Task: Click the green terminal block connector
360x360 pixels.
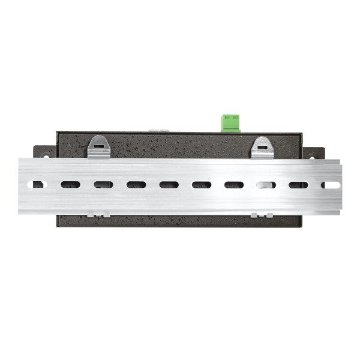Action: (x=230, y=122)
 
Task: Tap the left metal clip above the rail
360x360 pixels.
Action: (x=98, y=147)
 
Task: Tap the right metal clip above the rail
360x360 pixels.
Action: (x=262, y=148)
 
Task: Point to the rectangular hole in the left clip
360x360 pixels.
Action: (x=98, y=145)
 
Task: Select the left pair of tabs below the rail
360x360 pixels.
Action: (x=98, y=214)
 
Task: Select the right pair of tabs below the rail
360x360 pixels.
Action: (x=262, y=214)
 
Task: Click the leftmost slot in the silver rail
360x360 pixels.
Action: (x=38, y=185)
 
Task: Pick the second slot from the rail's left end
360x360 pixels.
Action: (x=70, y=185)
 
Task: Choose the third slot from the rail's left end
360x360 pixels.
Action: (x=103, y=185)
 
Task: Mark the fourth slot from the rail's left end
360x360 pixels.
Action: (x=136, y=185)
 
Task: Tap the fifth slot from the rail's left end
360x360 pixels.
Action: (x=169, y=185)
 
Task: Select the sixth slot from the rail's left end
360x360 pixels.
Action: (x=202, y=185)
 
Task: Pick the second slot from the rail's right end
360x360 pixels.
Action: (x=298, y=185)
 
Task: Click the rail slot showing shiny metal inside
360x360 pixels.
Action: (x=266, y=185)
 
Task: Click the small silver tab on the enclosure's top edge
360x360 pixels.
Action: (x=158, y=130)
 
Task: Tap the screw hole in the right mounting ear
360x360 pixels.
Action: (x=314, y=157)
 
